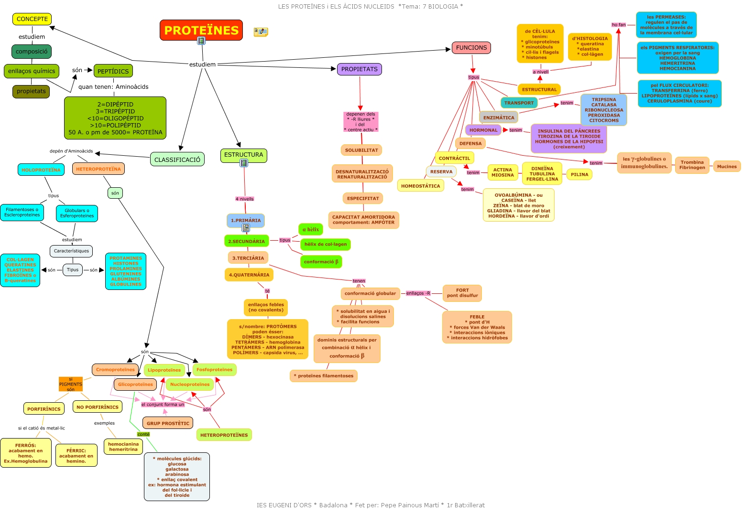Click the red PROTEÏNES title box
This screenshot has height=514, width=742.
pos(201,30)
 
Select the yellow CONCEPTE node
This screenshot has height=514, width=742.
pos(32,19)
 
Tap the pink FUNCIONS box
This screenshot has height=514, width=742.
pos(471,48)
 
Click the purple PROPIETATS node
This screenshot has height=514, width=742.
pos(360,69)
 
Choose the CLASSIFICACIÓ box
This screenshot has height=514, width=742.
pos(177,160)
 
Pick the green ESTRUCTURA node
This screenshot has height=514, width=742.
pos(244,155)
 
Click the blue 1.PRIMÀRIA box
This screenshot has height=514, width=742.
pos(246,221)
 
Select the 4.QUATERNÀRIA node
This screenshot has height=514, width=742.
pos(249,275)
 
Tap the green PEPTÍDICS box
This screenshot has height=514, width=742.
pos(113,71)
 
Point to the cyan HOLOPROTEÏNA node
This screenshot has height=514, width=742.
pos(41,170)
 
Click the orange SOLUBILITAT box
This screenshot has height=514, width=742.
pos(361,150)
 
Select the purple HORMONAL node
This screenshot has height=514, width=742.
pos(483,130)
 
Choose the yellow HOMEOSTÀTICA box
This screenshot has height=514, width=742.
pos(421,186)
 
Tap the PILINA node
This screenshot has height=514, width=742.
pos(579,174)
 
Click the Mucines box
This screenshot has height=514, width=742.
pos(727,166)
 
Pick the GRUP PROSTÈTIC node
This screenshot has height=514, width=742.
pos(168,423)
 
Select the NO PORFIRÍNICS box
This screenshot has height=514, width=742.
pos(98,407)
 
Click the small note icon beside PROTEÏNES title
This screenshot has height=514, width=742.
pos(261,32)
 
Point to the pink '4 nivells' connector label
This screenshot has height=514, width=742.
pos(245,199)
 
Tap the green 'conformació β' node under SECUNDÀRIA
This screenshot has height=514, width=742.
pos(321,262)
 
